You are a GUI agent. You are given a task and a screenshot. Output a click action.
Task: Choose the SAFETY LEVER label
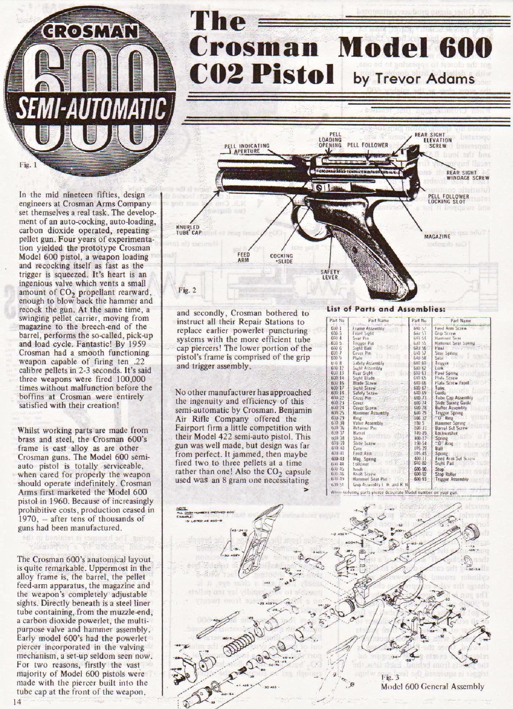pyautogui.click(x=330, y=275)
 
